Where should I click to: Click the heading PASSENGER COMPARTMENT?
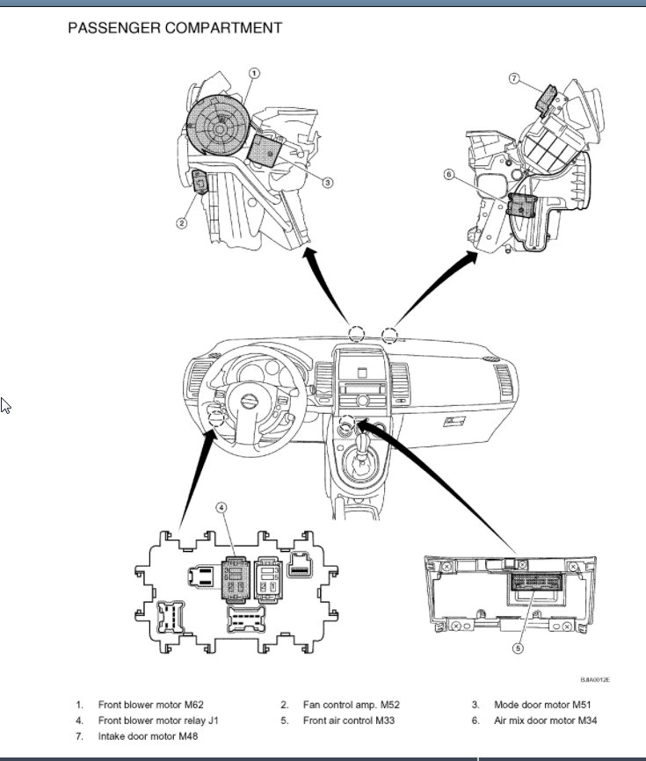pyautogui.click(x=175, y=28)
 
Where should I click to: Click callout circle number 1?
pyautogui.click(x=254, y=74)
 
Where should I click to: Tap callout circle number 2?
pyautogui.click(x=182, y=223)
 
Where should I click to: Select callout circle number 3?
pyautogui.click(x=327, y=183)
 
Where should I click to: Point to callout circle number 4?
pyautogui.click(x=222, y=508)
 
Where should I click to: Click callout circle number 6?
pyautogui.click(x=450, y=175)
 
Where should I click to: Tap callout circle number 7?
pyautogui.click(x=515, y=78)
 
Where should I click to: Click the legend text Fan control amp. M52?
pyautogui.click(x=351, y=705)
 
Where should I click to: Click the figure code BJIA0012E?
pyautogui.click(x=594, y=679)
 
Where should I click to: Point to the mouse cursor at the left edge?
pyautogui.click(x=5, y=405)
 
